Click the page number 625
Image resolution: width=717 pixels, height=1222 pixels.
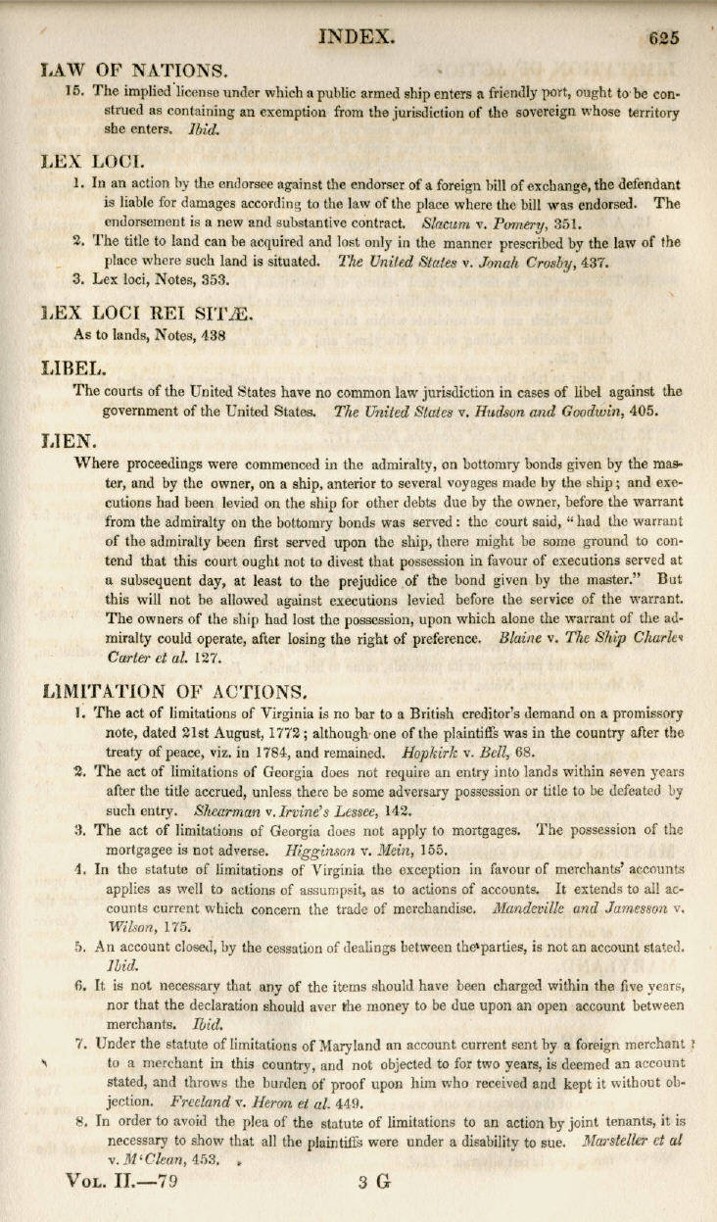pos(663,38)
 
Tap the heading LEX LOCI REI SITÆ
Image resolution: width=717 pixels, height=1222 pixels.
pos(148,313)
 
